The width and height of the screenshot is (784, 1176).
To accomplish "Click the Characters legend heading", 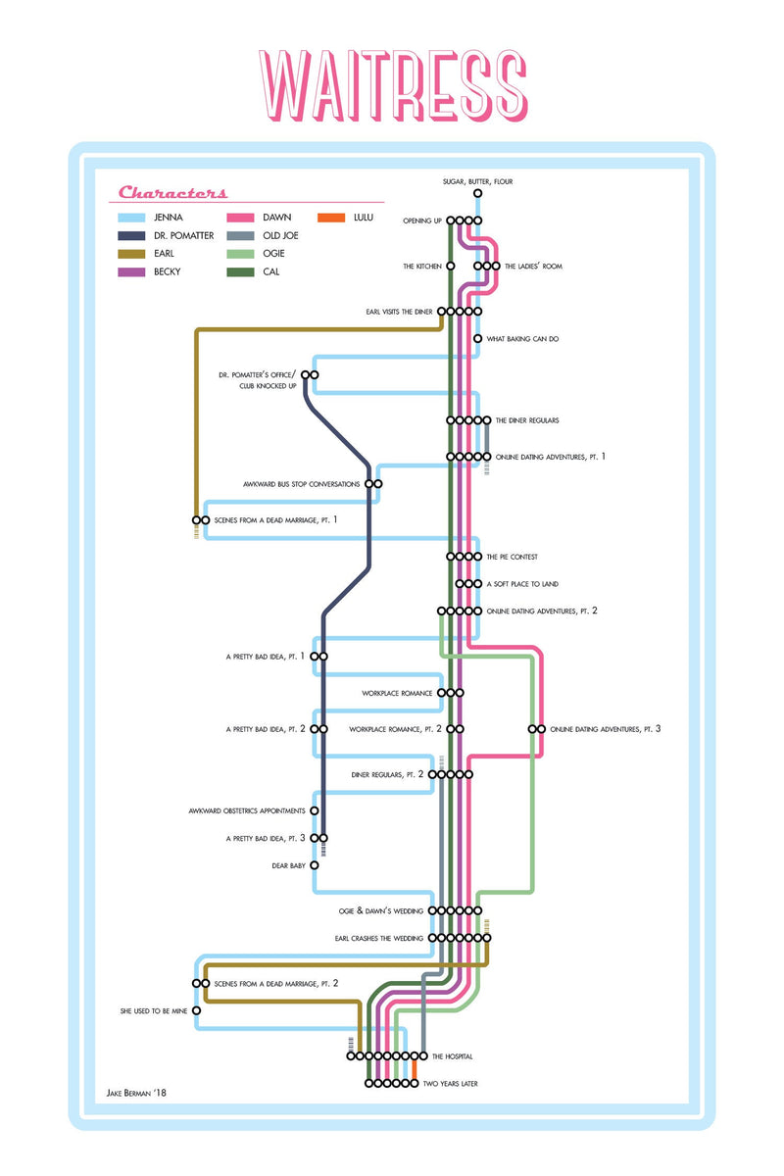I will tap(173, 193).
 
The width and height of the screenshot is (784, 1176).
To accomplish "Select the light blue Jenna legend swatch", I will tap(132, 218).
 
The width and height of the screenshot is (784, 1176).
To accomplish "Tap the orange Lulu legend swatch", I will tap(331, 218).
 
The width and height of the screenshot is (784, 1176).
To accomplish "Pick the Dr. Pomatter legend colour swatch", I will tap(132, 236).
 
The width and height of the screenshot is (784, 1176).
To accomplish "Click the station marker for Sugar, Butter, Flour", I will tap(477, 194).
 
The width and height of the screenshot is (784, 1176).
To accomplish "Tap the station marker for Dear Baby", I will tap(315, 865).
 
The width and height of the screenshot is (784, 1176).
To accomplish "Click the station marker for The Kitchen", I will tap(451, 266).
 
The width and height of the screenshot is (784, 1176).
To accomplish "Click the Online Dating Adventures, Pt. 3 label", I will tap(606, 729).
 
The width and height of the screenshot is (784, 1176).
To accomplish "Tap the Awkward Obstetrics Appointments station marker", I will tap(315, 811).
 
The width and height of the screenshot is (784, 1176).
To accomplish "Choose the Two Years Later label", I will tap(450, 1084).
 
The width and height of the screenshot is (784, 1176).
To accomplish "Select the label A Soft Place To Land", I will tap(522, 584).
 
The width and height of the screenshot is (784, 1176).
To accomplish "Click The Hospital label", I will tap(453, 1056).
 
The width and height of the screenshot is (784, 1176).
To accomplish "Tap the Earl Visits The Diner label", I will tap(397, 312).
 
